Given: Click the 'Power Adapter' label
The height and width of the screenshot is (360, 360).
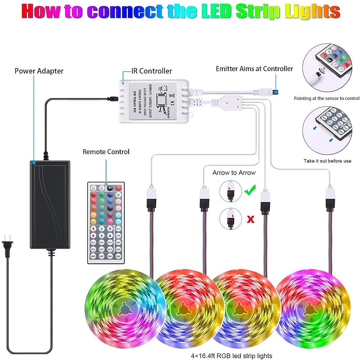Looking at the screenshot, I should pyautogui.click(x=39, y=71).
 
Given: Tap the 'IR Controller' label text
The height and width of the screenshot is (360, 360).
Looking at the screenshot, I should pyautogui.click(x=151, y=71).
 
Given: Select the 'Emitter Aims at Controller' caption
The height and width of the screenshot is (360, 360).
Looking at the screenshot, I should pyautogui.click(x=254, y=69).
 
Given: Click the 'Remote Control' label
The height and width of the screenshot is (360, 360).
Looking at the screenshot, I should pyautogui.click(x=106, y=152).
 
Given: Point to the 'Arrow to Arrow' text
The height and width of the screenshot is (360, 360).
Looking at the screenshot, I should pyautogui.click(x=234, y=172).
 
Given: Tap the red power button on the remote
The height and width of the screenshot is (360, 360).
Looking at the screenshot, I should pyautogui.click(x=119, y=188).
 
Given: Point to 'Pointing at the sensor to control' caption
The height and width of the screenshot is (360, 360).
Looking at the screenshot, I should pyautogui.click(x=327, y=98).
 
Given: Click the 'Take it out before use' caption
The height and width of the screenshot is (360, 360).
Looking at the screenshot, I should pyautogui.click(x=327, y=161).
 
